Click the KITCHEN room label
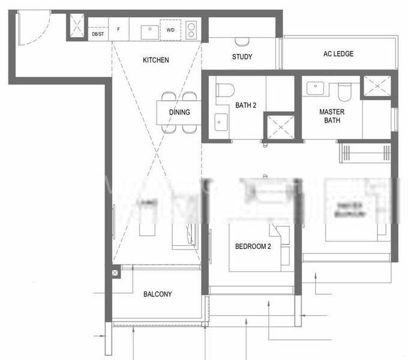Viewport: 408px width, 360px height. (155, 60)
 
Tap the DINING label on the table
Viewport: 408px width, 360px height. (179, 112)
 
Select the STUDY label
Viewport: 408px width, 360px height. (242, 57)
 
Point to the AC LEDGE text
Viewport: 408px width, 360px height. (338, 54)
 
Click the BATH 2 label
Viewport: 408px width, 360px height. (245, 106)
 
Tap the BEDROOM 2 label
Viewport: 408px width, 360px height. (253, 246)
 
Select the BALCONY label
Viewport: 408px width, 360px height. (158, 294)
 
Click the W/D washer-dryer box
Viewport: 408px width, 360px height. (171, 29)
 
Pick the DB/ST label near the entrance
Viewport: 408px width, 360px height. (98, 34)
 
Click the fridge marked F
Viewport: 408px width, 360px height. (118, 29)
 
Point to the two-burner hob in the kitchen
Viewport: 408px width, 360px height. (191, 29)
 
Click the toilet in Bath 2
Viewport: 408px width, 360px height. (225, 89)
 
